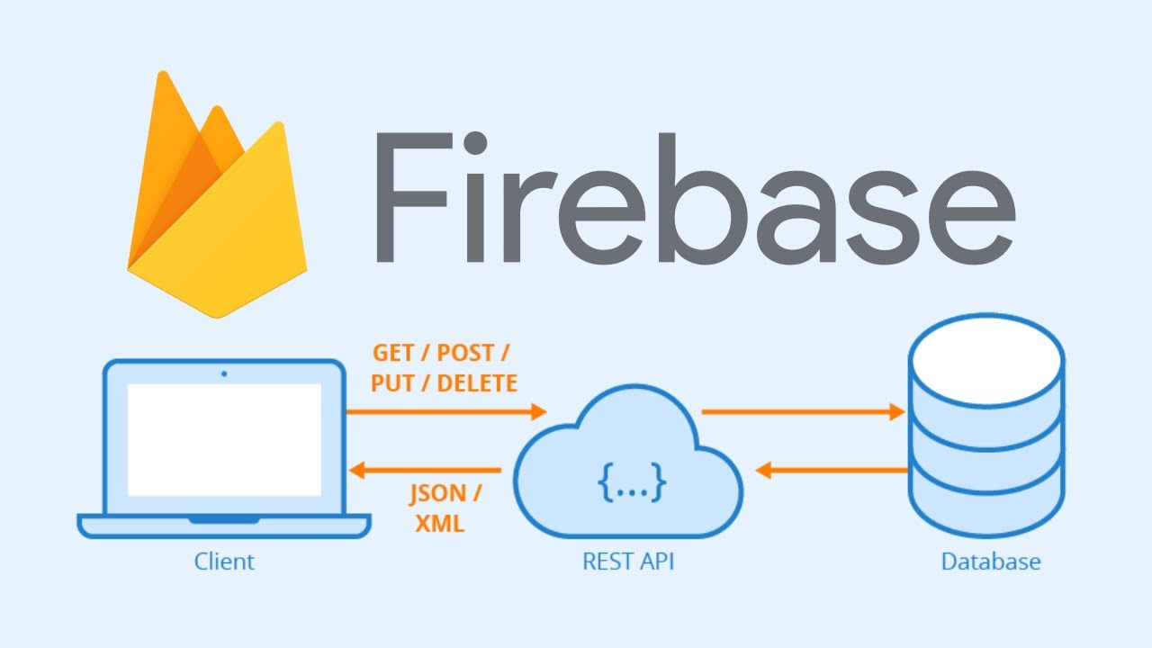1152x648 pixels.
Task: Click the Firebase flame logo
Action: [x=216, y=207]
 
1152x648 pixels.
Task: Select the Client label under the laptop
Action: [x=224, y=562]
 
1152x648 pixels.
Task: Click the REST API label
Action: [x=628, y=562]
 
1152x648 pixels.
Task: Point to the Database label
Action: [x=990, y=562]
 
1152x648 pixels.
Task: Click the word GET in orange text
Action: [x=393, y=353]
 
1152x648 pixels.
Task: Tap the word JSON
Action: [x=439, y=493]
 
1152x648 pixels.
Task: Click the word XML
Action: [x=440, y=523]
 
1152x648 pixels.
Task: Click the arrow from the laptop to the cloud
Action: [x=446, y=412]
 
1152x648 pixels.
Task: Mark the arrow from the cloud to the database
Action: [x=802, y=412]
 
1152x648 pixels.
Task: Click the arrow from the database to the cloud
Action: [x=832, y=470]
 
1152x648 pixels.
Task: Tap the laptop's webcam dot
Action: [x=224, y=373]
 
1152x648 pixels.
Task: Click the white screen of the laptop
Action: [x=224, y=439]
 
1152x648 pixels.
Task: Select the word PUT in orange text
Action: [x=391, y=383]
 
